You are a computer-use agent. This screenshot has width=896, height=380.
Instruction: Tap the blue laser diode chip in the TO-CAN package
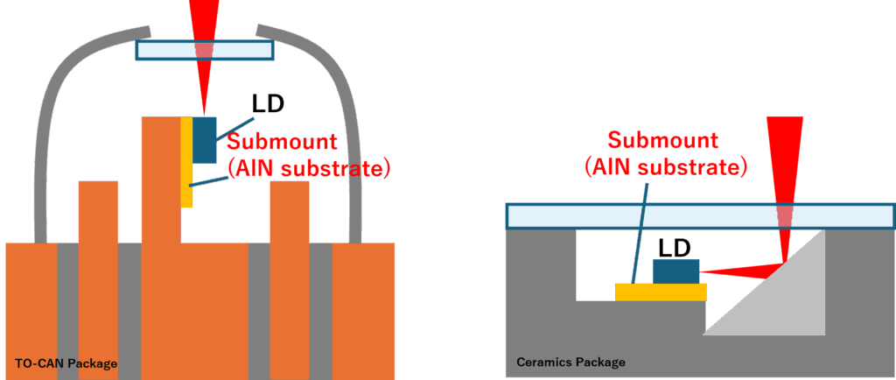[x=204, y=139]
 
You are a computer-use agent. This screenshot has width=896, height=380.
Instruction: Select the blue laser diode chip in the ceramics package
[x=676, y=271]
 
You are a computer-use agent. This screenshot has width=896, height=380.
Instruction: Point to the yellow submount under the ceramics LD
[x=661, y=292]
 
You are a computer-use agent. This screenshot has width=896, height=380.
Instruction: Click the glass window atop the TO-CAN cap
[x=204, y=50]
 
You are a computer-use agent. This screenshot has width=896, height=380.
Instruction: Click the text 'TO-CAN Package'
[x=66, y=362]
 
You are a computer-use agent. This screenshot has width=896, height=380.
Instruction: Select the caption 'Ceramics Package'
[x=570, y=362]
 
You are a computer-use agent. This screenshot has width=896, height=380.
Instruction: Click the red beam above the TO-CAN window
[x=204, y=18]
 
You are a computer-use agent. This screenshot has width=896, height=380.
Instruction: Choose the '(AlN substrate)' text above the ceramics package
[x=665, y=165]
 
